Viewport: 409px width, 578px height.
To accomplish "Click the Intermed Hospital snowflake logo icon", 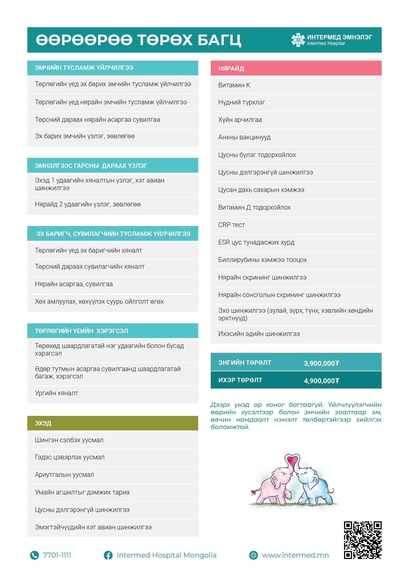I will click(x=298, y=40).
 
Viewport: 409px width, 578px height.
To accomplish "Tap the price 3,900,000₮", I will click(x=321, y=363).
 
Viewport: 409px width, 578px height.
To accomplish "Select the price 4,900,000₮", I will click(x=321, y=381).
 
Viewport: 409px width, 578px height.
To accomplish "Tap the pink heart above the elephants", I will click(x=292, y=460).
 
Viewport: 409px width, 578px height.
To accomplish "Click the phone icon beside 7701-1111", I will click(x=35, y=555).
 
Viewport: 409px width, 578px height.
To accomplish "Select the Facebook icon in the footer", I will click(x=108, y=555).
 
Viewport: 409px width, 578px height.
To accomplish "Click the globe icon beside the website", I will click(x=253, y=555).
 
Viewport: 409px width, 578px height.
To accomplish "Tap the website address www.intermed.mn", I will click(x=295, y=555).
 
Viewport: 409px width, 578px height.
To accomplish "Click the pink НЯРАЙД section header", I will click(x=296, y=68).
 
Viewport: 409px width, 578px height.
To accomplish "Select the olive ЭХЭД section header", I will click(x=112, y=423).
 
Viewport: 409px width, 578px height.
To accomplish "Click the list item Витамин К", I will click(x=234, y=85).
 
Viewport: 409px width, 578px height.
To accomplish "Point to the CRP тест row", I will click(x=231, y=225).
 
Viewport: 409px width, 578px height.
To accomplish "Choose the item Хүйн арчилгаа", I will click(x=240, y=120).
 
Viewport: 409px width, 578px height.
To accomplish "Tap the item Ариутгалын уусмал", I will click(x=64, y=475).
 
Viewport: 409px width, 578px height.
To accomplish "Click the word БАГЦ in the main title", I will click(x=219, y=40).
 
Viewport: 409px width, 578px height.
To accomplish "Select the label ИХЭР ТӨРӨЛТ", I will click(x=240, y=380).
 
